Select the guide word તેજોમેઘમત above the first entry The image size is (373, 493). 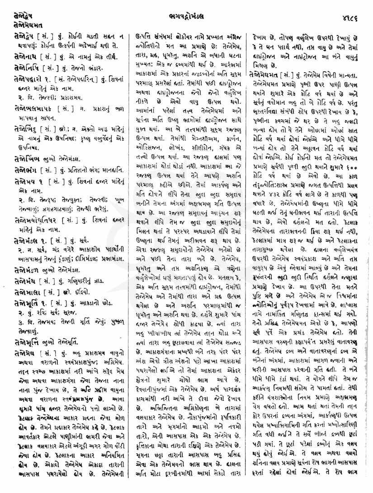pos(22,17)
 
